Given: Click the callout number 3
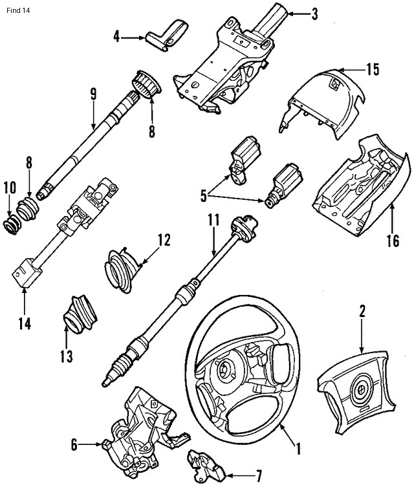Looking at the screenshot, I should [314, 13].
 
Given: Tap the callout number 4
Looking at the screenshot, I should [117, 37].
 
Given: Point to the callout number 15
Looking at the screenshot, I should [372, 69].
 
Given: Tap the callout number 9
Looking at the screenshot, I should [93, 94].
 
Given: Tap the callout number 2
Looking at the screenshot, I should [362, 311].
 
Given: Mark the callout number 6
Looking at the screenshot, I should [74, 444].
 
